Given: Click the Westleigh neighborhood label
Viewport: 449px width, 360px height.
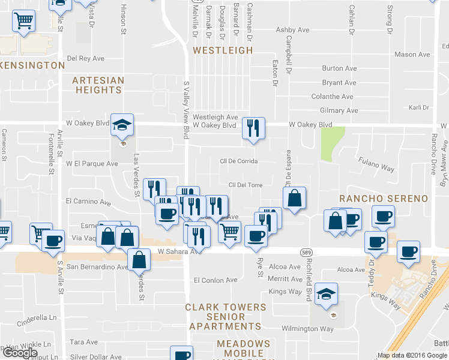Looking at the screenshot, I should click(x=223, y=50).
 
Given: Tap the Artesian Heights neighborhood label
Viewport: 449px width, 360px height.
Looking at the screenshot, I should click(x=98, y=85).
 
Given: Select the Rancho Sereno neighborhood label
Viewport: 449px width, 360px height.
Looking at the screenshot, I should click(x=383, y=199).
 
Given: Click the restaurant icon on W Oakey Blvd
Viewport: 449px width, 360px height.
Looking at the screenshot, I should click(x=253, y=128).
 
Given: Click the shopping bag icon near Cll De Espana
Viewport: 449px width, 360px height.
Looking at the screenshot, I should click(x=294, y=199).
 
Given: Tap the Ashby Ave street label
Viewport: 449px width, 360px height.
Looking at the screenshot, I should click(x=292, y=30).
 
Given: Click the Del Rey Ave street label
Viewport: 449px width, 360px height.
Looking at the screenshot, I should click(x=86, y=58).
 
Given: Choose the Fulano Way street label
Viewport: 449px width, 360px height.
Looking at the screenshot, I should click(x=376, y=165).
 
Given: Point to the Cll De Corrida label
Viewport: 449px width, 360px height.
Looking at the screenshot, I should click(x=239, y=161).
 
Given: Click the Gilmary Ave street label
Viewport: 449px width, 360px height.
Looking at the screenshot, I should click(x=339, y=110).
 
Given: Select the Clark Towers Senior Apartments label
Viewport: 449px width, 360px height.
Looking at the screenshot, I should click(x=225, y=316).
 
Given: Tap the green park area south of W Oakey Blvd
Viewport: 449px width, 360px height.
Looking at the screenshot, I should click(x=327, y=144).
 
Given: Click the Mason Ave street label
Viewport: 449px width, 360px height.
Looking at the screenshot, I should click(x=412, y=55).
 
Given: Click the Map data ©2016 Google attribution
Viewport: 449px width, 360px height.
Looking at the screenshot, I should click(x=412, y=355).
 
